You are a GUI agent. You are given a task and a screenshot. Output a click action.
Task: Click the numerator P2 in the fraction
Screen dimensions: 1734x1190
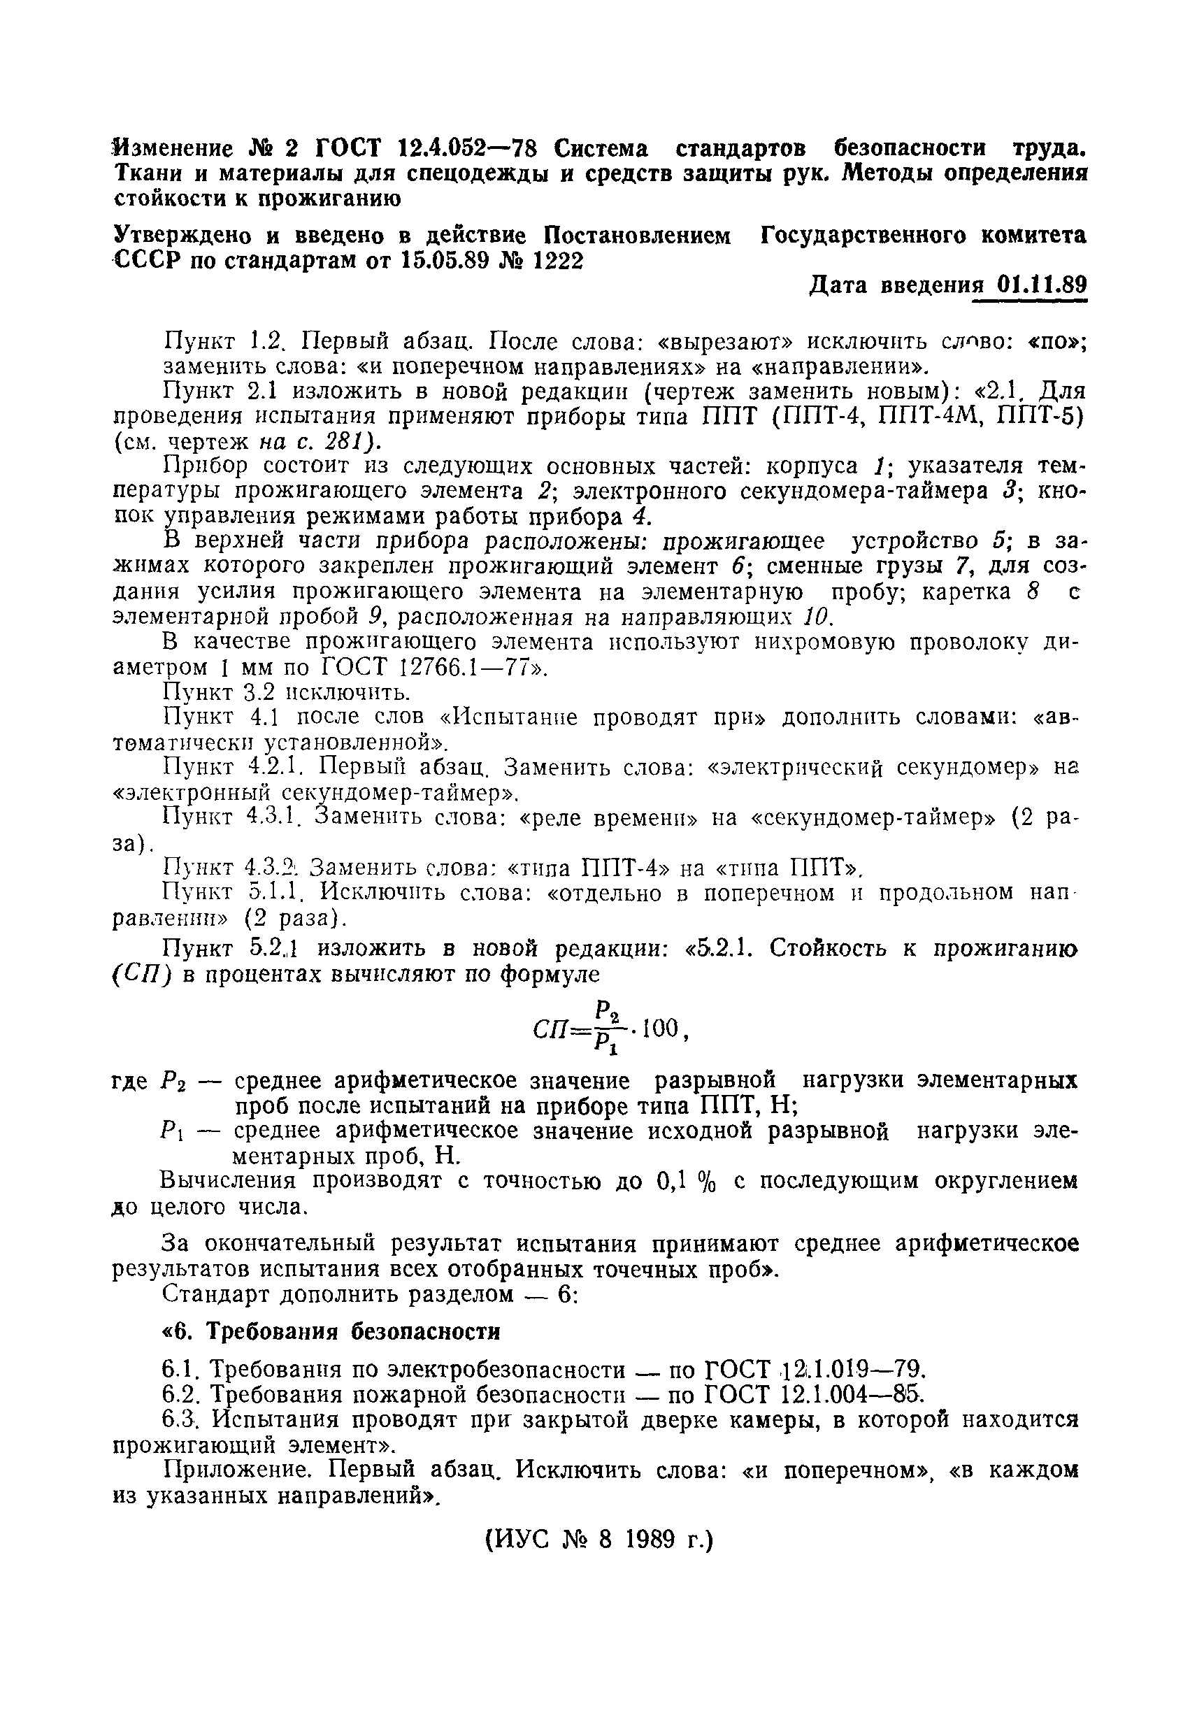[605, 1012]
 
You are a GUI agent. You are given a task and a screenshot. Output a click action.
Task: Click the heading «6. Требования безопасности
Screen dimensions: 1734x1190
[331, 1331]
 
